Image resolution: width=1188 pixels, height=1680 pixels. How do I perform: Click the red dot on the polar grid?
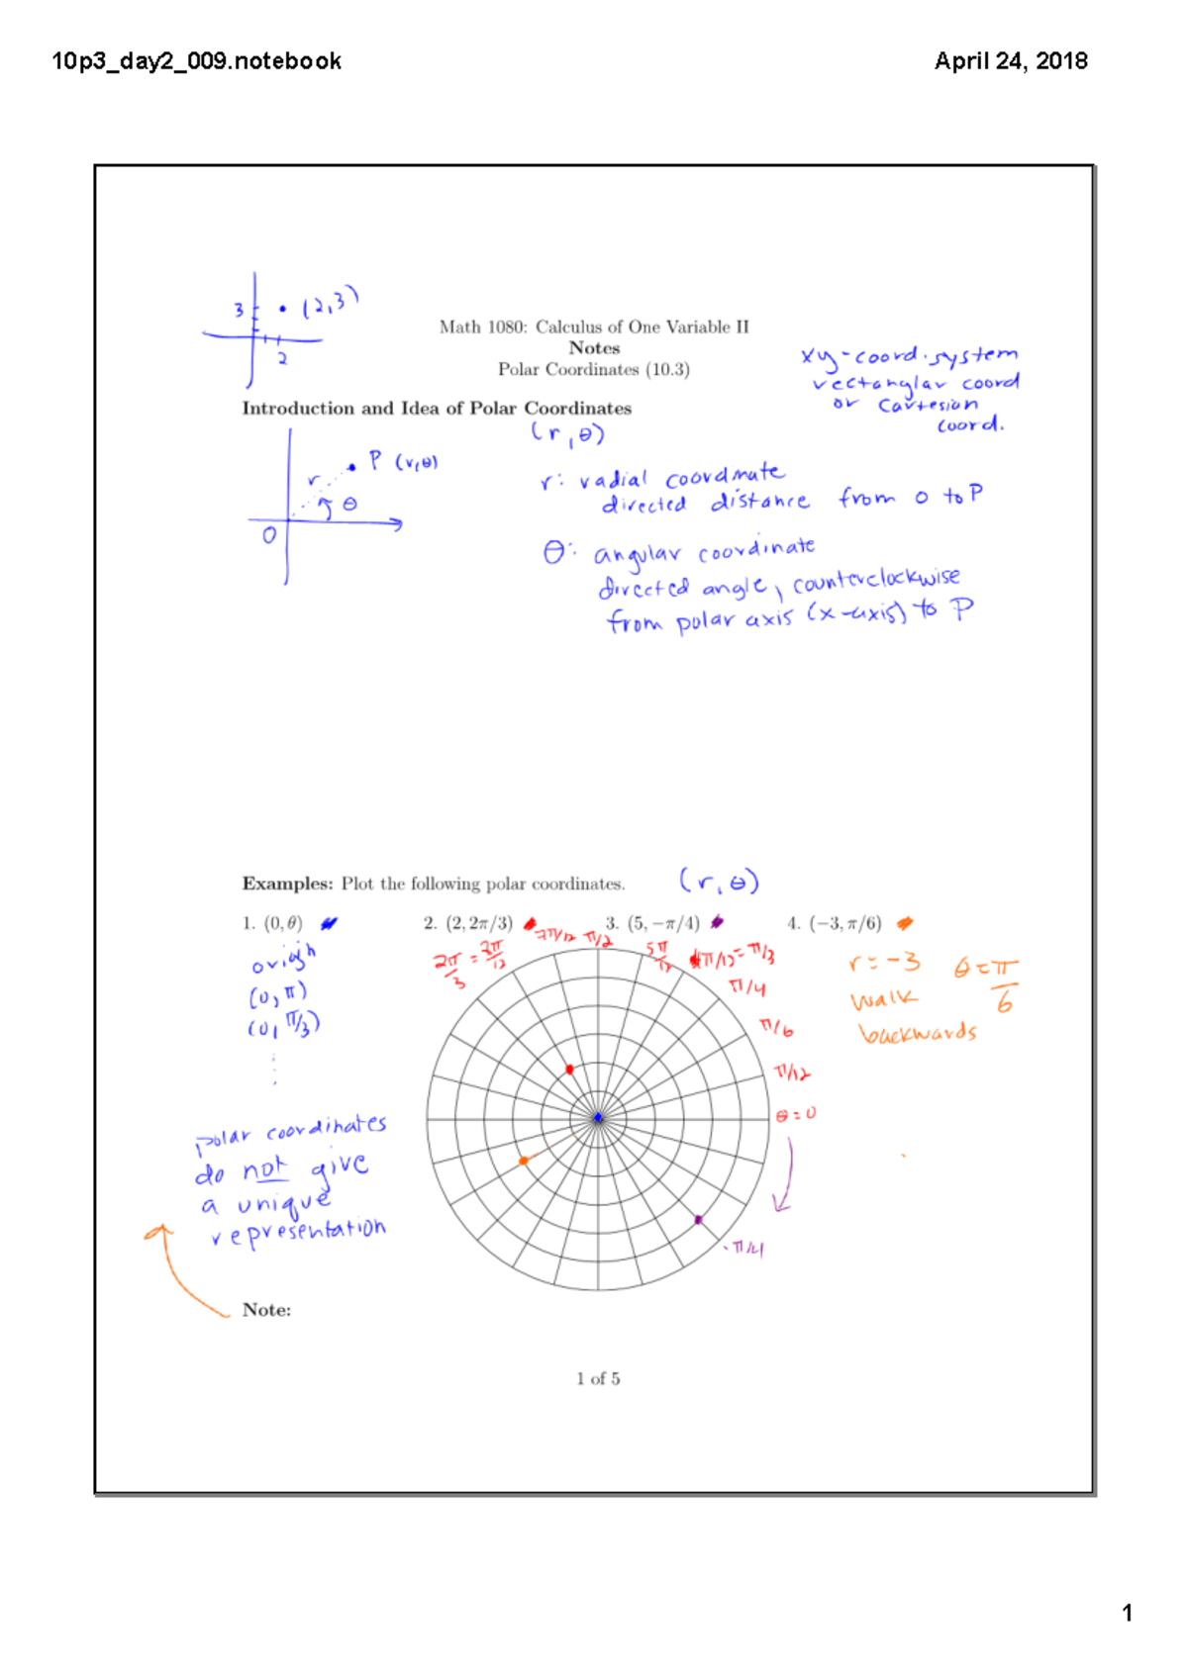pos(569,1070)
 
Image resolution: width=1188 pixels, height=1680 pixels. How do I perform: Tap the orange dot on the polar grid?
pos(524,1161)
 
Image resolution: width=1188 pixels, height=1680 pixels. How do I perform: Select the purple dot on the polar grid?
pos(698,1220)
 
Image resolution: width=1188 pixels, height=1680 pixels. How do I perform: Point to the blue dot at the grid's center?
pos(598,1118)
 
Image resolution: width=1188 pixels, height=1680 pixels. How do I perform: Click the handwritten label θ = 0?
pos(796,1114)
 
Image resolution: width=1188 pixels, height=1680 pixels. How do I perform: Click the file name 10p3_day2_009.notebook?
pos(196,61)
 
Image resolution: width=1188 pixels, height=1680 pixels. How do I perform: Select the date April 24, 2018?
pos(1011,61)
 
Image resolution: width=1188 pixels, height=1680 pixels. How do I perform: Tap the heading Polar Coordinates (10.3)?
pos(594,369)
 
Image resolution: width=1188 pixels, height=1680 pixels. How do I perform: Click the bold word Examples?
pos(287,884)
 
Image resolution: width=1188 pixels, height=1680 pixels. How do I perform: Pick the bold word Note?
pos(266,1310)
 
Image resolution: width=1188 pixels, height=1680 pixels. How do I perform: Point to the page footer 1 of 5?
pos(598,1378)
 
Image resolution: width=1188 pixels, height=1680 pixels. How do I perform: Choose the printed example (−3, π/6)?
pos(844,923)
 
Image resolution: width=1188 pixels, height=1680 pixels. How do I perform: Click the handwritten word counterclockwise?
pos(875,581)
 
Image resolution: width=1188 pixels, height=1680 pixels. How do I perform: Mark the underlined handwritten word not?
pos(264,1169)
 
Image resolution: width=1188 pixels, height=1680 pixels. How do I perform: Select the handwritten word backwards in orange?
pos(918,1033)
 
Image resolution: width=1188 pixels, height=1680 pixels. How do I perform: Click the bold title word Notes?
pos(594,348)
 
